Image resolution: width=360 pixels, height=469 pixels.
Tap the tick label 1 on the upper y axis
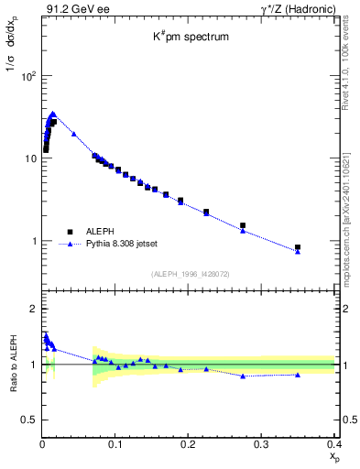pyautogui.click(x=33, y=241)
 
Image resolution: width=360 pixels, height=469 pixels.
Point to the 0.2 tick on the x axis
pyautogui.click(x=188, y=445)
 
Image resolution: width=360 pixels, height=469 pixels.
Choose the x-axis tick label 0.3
pyautogui.click(x=261, y=445)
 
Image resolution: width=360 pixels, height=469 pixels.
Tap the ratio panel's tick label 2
pyautogui.click(x=33, y=310)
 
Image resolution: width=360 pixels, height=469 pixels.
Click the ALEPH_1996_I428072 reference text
pyautogui.click(x=189, y=273)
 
